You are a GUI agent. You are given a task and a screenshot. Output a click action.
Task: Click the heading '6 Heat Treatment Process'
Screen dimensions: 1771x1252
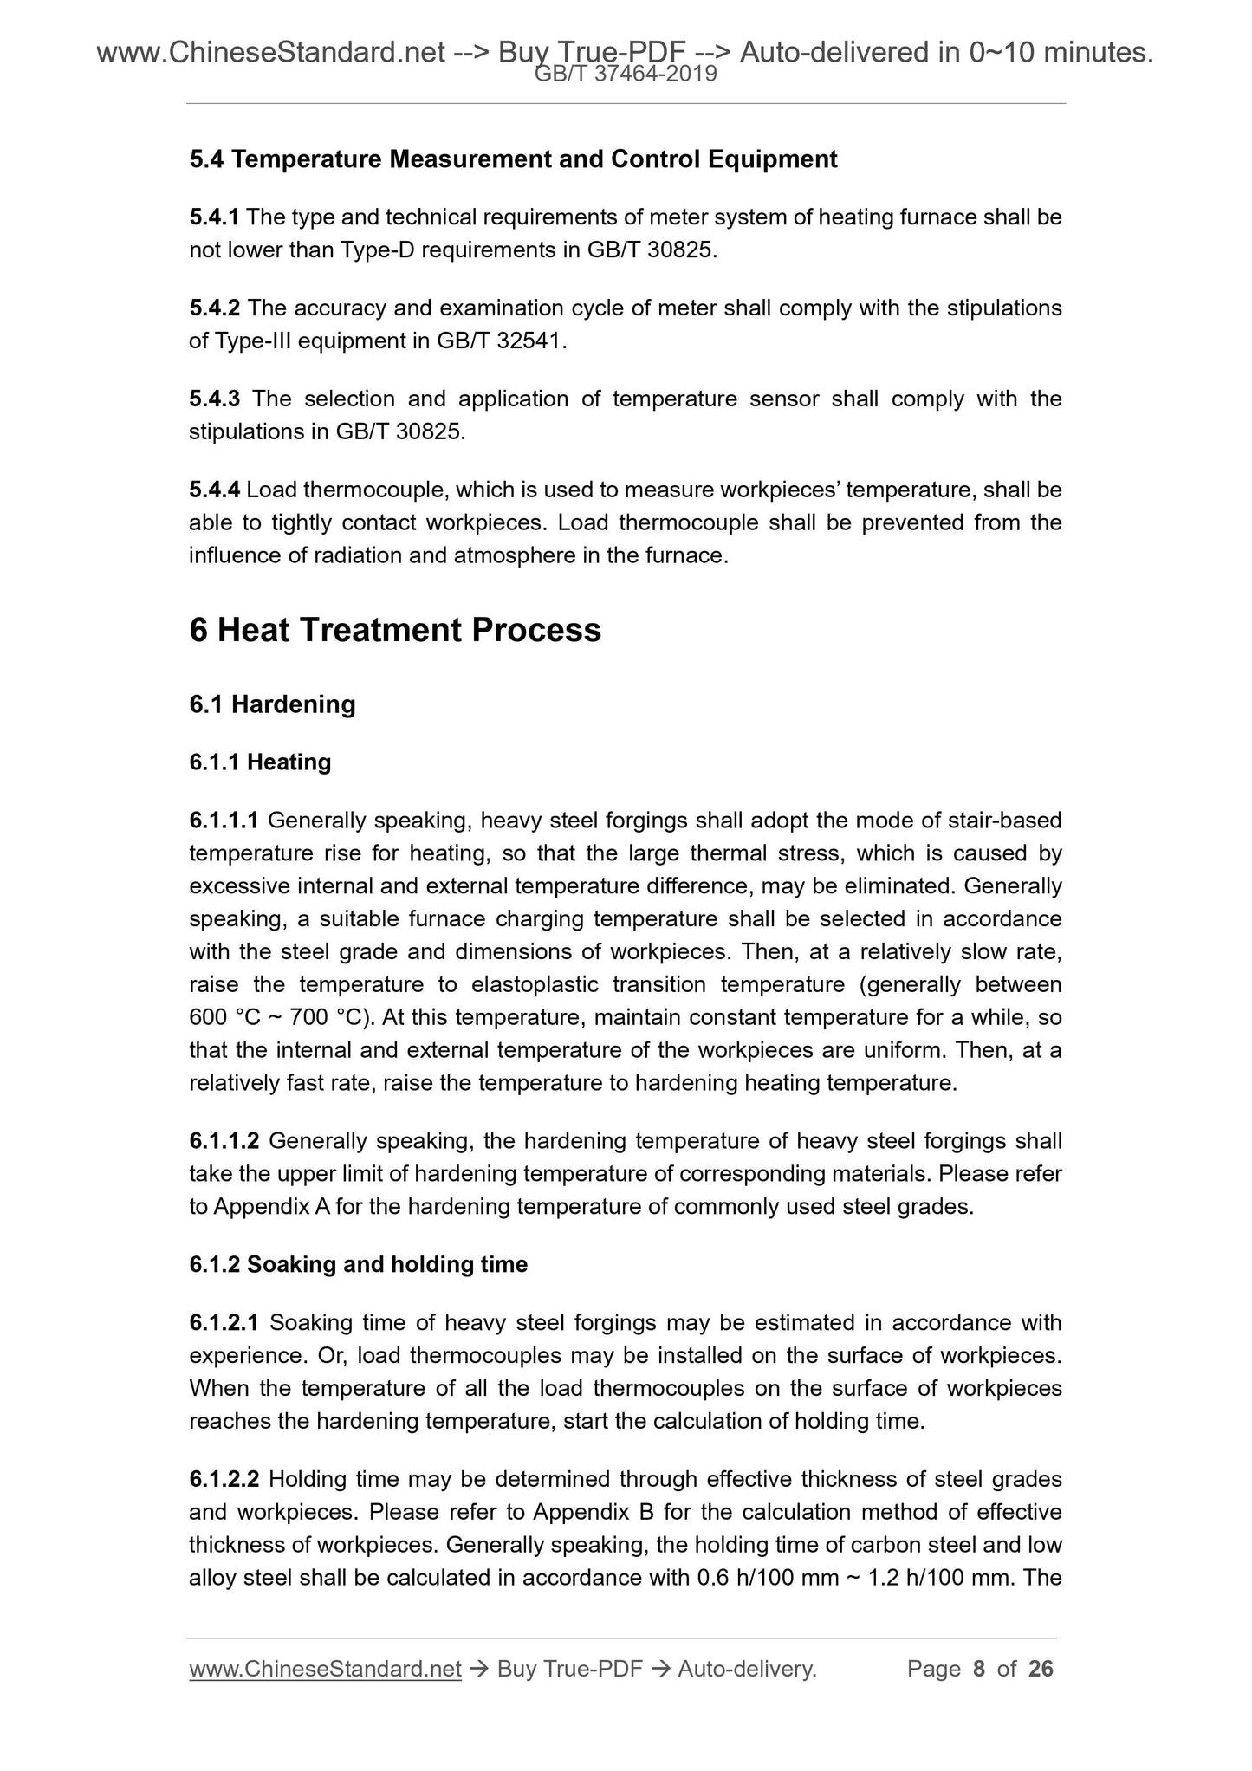click(x=394, y=630)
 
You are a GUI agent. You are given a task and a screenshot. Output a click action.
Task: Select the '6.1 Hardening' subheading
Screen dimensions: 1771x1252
click(x=272, y=704)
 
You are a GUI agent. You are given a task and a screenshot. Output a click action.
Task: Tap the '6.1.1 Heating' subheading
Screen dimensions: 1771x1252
click(x=260, y=762)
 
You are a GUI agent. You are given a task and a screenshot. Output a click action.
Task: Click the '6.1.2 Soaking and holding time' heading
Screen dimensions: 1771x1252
click(x=358, y=1264)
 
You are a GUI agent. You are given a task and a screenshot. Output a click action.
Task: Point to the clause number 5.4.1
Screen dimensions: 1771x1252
click(x=214, y=217)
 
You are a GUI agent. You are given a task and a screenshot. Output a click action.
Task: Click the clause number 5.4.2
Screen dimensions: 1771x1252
click(x=214, y=308)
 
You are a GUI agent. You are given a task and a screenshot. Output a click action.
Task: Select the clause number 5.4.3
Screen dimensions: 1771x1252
click(x=214, y=399)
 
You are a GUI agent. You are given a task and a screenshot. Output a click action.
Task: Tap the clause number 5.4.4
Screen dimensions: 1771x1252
click(x=214, y=490)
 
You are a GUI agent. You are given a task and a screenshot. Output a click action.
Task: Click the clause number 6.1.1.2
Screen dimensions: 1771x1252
click(x=224, y=1141)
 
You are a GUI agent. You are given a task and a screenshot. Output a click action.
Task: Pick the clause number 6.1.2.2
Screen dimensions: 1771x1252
click(x=224, y=1479)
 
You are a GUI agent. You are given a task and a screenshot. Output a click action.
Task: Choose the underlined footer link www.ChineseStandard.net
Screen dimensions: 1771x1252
click(x=325, y=1669)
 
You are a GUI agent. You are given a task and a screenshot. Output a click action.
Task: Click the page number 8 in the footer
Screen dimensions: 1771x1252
click(x=979, y=1669)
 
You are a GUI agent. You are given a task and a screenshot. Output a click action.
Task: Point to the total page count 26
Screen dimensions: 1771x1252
click(x=1040, y=1669)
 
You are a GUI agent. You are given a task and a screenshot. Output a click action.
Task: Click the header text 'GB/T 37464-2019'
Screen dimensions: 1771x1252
click(x=626, y=75)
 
